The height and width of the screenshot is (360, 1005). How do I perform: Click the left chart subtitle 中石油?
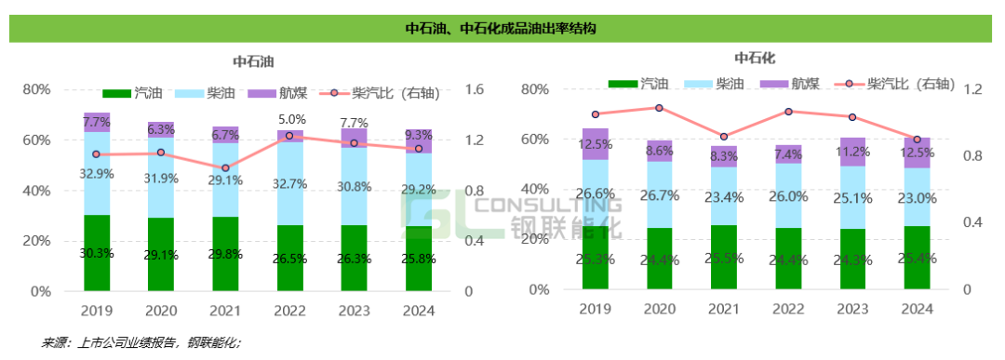pyautogui.click(x=252, y=62)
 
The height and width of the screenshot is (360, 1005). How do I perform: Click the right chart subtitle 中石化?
pyautogui.click(x=755, y=60)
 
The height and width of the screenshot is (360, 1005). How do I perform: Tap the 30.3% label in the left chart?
pyautogui.click(x=97, y=253)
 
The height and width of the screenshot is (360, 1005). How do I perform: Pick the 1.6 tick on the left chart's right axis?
pyautogui.click(x=474, y=90)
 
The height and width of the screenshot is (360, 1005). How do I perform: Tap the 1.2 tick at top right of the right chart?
pyautogui.click(x=972, y=90)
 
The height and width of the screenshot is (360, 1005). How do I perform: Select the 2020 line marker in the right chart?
pyautogui.click(x=659, y=108)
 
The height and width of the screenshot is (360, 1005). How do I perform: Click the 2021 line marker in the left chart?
pyautogui.click(x=226, y=168)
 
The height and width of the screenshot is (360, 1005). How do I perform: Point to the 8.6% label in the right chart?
pyautogui.click(x=659, y=151)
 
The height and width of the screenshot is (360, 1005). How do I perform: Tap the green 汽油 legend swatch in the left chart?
pyautogui.click(x=116, y=93)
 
